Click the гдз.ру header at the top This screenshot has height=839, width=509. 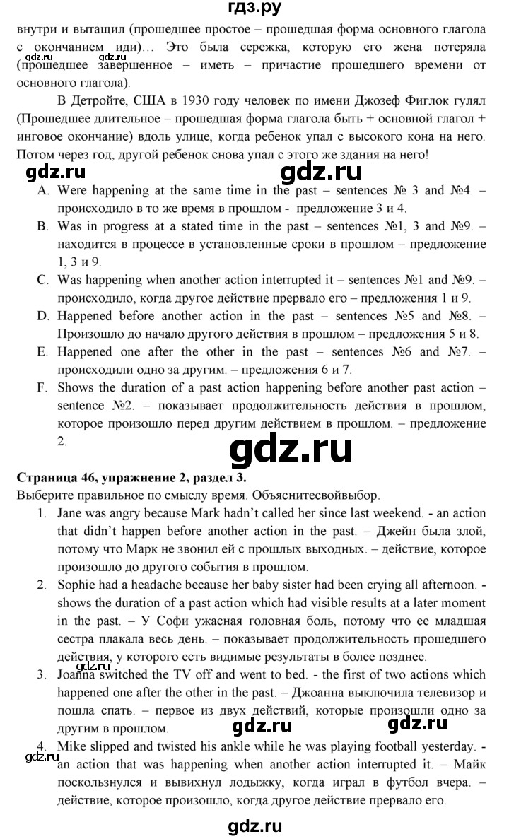pyautogui.click(x=254, y=10)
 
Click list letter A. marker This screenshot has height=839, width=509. pyautogui.click(x=43, y=190)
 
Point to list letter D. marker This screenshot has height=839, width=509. pyautogui.click(x=43, y=315)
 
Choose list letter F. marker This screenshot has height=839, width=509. pyautogui.click(x=43, y=387)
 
